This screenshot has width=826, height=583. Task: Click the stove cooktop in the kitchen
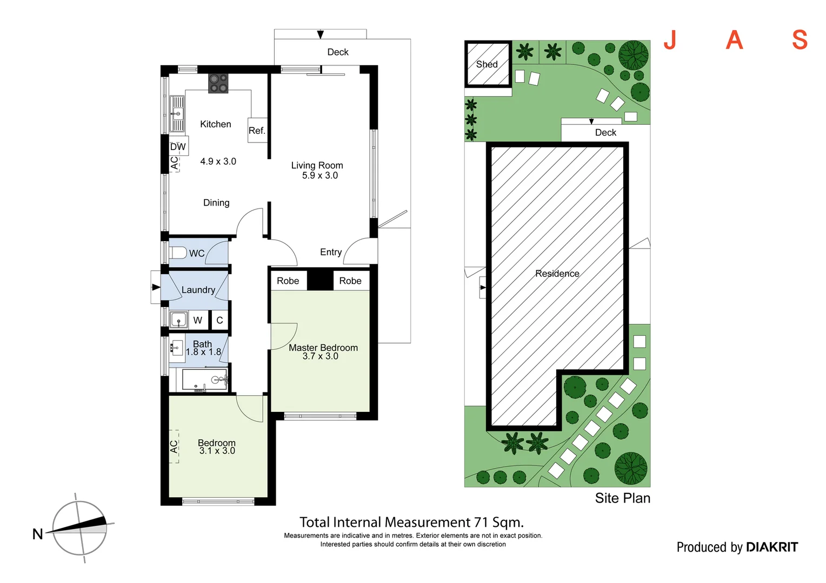(218, 83)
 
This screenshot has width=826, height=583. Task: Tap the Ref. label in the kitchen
(257, 131)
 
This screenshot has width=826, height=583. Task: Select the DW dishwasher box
(178, 147)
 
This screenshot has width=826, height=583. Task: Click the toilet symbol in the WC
(178, 253)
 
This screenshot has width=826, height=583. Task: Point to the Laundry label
(198, 290)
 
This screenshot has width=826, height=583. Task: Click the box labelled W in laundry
(198, 320)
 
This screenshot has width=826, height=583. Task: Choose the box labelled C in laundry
(219, 320)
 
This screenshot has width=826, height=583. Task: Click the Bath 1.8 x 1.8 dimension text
(203, 352)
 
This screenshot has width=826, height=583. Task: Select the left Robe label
(288, 281)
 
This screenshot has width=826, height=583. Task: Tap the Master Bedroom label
(323, 348)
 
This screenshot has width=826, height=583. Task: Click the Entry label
(330, 252)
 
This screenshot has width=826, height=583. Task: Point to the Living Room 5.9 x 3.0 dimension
(319, 175)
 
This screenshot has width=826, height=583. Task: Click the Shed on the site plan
(488, 64)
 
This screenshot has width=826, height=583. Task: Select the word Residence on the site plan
(557, 274)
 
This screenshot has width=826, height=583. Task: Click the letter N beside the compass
(37, 534)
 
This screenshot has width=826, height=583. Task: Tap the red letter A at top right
(734, 40)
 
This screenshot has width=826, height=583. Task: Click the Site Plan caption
(622, 498)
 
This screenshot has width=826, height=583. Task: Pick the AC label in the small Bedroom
(174, 446)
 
